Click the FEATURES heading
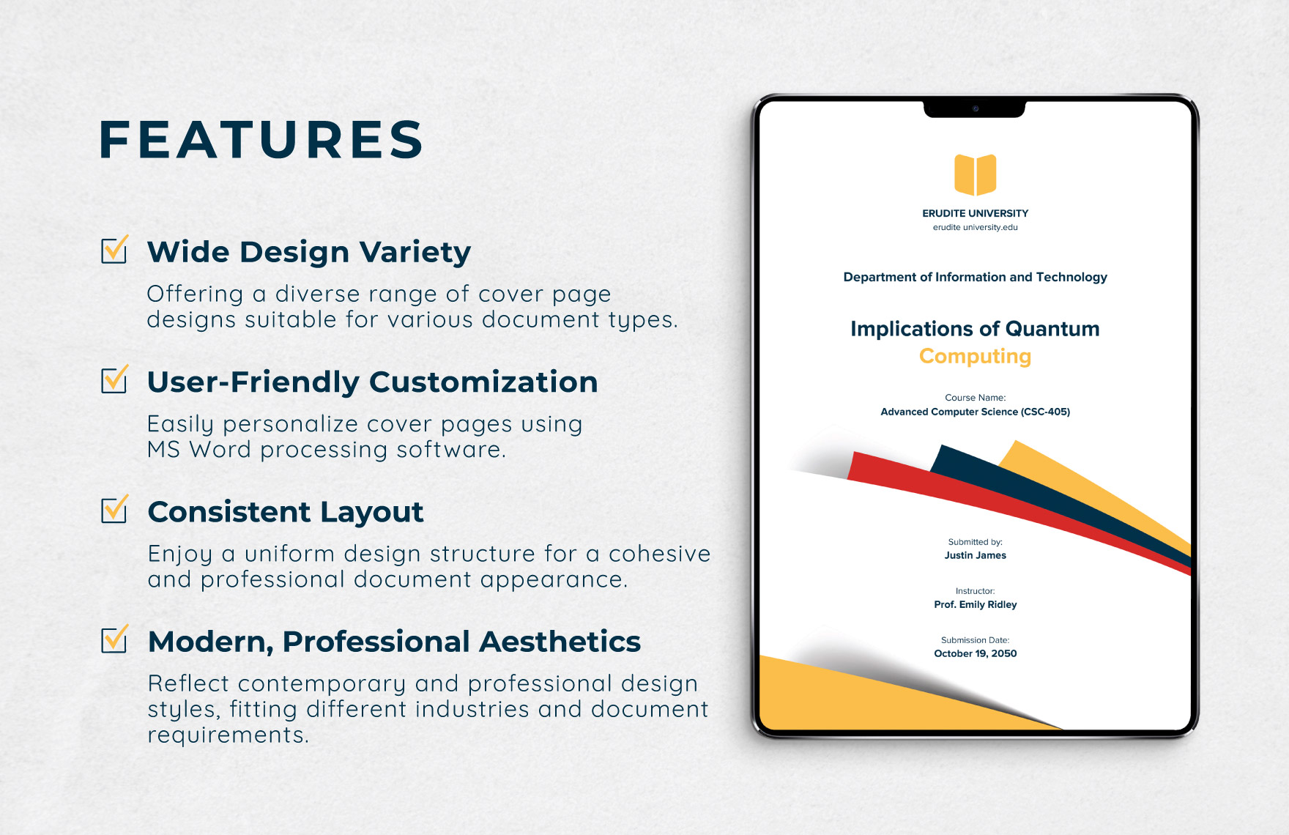(261, 140)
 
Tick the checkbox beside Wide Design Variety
(115, 250)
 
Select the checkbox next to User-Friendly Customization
(115, 379)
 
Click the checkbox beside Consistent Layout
(115, 509)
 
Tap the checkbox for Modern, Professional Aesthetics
(115, 639)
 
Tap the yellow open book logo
(975, 174)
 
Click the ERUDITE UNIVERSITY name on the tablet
(975, 213)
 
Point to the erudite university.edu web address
(975, 227)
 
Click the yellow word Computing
(975, 356)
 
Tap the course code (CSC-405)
(1045, 412)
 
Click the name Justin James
(975, 555)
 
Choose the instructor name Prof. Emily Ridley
(975, 604)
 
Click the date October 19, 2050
(975, 653)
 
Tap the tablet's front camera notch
(975, 109)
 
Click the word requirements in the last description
(229, 735)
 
